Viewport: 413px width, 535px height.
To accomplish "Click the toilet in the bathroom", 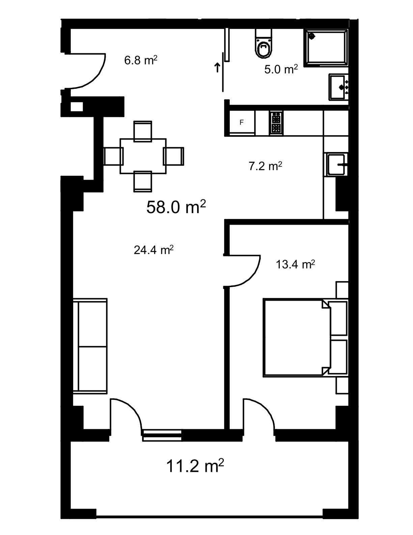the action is pos(264,44).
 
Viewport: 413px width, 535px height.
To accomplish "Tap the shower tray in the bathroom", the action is pos(326,48).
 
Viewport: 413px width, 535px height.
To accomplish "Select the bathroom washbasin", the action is pos(339,87).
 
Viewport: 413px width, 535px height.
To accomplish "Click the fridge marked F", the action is pos(242,123).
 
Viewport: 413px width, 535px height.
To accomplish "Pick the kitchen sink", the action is pos(336,164).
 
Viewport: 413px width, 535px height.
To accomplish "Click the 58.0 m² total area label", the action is pos(176,207).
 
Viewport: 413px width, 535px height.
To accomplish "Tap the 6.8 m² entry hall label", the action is pos(140,60).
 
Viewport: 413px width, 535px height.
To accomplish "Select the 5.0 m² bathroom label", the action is pos(281,69).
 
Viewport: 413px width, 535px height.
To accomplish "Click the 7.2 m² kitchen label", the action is pos(266,166).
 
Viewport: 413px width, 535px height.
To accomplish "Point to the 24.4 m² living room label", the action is pos(154,250).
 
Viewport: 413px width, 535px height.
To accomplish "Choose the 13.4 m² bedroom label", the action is pos(295,264).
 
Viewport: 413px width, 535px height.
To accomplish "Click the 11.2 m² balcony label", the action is pos(195,465).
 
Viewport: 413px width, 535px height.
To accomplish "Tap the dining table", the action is pos(143,156).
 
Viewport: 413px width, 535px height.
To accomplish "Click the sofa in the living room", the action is pos(90,346).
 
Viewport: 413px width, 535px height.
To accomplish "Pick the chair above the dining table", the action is pos(143,131).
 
